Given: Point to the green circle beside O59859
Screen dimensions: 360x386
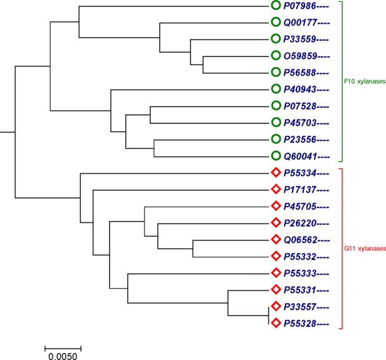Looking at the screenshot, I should pos(276,56).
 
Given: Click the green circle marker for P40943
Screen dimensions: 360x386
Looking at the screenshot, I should pos(276,89).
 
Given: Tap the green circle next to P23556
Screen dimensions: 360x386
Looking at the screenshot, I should pos(276,139).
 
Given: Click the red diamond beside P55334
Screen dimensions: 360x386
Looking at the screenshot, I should pos(276,172).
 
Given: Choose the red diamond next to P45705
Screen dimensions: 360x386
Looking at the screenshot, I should pos(276,206).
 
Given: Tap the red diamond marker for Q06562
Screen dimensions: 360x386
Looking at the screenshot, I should pos(276,239).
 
